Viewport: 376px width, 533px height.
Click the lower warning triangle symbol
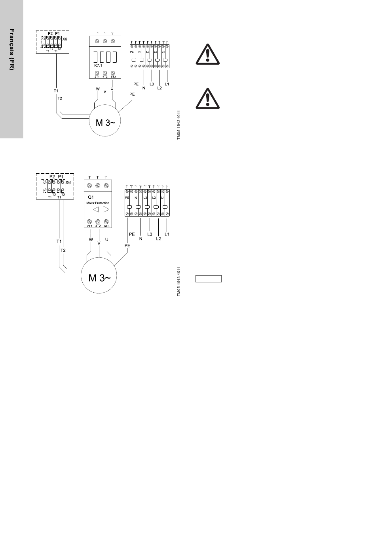pyautogui.click(x=207, y=98)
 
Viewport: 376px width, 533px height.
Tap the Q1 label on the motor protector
pyautogui.click(x=91, y=197)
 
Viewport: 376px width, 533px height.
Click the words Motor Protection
pyautogui.click(x=98, y=203)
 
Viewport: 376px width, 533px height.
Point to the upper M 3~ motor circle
pyautogui.click(x=105, y=123)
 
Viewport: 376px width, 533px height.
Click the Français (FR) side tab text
pyautogui.click(x=12, y=50)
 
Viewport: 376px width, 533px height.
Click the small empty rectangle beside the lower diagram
pyautogui.click(x=209, y=279)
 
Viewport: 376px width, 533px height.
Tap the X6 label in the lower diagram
pyautogui.click(x=68, y=182)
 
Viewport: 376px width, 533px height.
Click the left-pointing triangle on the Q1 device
pyautogui.click(x=96, y=210)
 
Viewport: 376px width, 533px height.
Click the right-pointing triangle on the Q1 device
pyautogui.click(x=106, y=210)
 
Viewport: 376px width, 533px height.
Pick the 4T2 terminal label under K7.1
pyautogui.click(x=105, y=77)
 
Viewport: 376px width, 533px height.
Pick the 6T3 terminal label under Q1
pyautogui.click(x=106, y=226)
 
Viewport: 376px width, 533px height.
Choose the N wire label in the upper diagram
pyautogui.click(x=144, y=88)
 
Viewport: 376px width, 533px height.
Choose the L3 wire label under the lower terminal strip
pyautogui.click(x=150, y=234)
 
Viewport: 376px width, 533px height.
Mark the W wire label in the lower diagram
pyautogui.click(x=91, y=240)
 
